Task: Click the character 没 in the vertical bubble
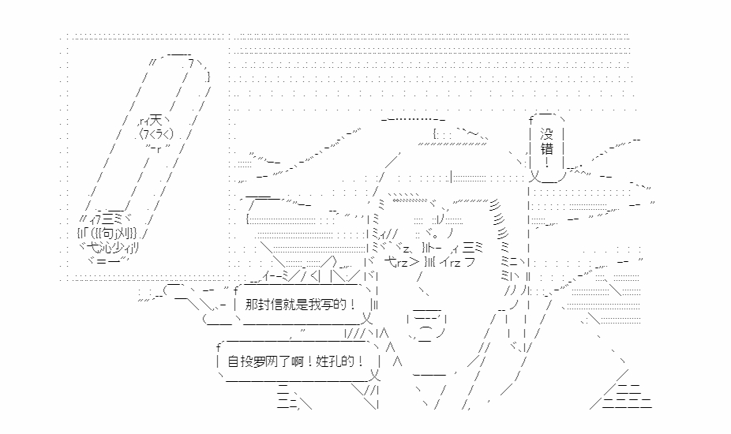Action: [545, 133]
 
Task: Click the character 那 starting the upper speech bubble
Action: [252, 305]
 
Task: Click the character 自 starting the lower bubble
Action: [233, 361]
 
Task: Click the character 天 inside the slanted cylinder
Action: [156, 120]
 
